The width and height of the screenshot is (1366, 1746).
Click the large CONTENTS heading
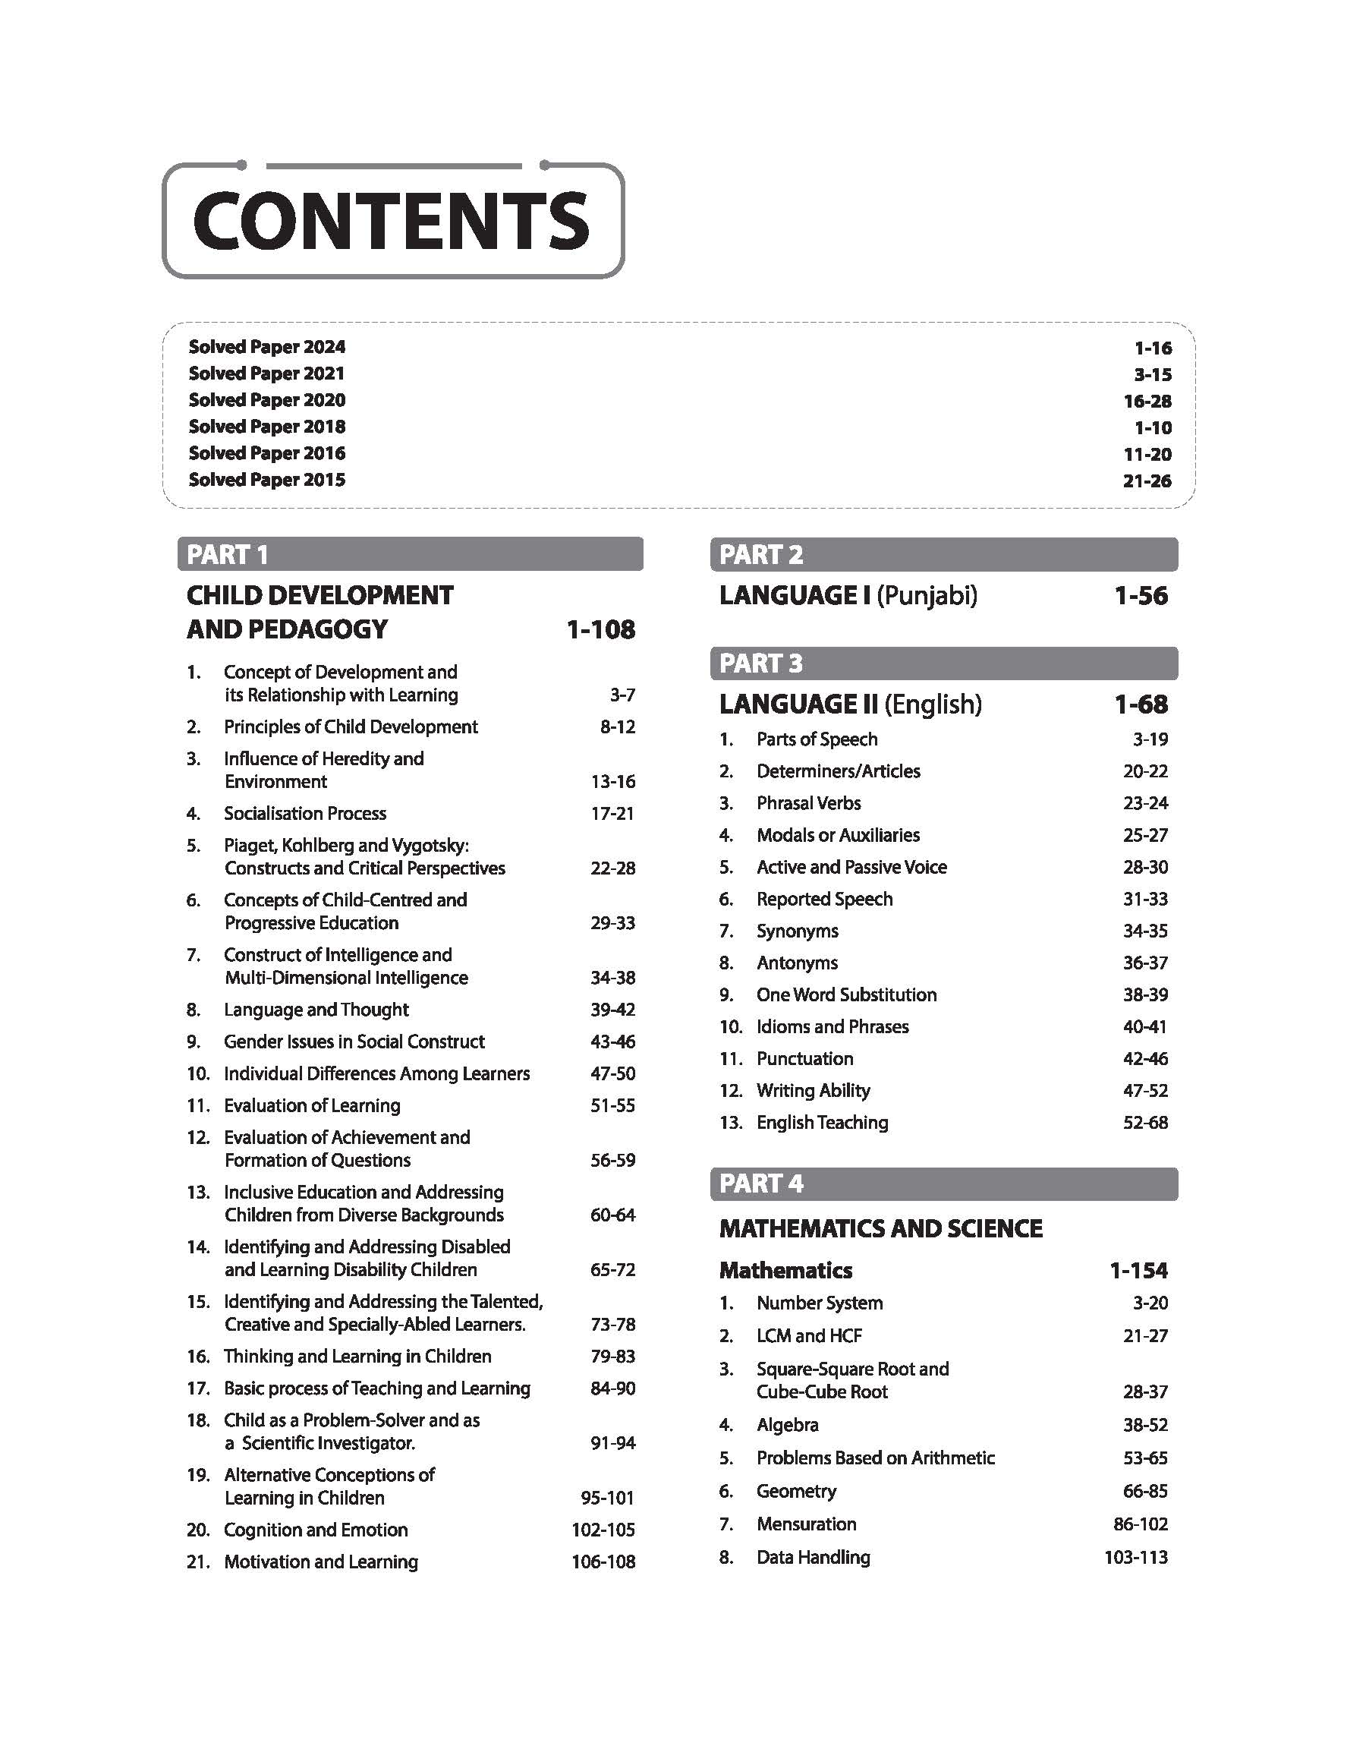(391, 220)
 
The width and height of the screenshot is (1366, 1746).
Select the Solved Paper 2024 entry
(266, 346)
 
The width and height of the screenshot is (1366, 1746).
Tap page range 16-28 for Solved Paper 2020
(1147, 401)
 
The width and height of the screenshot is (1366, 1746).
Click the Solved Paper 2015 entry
(266, 480)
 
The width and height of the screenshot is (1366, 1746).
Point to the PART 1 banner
(410, 554)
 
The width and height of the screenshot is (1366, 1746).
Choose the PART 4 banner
(943, 1183)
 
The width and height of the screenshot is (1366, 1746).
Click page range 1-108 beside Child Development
(600, 629)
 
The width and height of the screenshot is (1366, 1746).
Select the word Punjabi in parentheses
(927, 596)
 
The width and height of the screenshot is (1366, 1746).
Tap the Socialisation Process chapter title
(305, 814)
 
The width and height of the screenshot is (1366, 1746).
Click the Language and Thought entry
(316, 1010)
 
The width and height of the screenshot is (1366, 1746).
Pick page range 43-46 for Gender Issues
(612, 1042)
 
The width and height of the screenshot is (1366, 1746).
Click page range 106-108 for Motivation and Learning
(603, 1562)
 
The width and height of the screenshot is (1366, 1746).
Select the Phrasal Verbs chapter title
(808, 803)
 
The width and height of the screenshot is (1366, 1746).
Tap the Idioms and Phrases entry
(833, 1026)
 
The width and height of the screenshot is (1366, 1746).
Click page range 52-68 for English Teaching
(1145, 1122)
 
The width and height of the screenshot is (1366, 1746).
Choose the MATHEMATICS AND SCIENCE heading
(880, 1228)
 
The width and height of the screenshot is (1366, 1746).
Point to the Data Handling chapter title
(814, 1557)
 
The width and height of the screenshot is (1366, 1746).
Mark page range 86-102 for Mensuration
(1141, 1524)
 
